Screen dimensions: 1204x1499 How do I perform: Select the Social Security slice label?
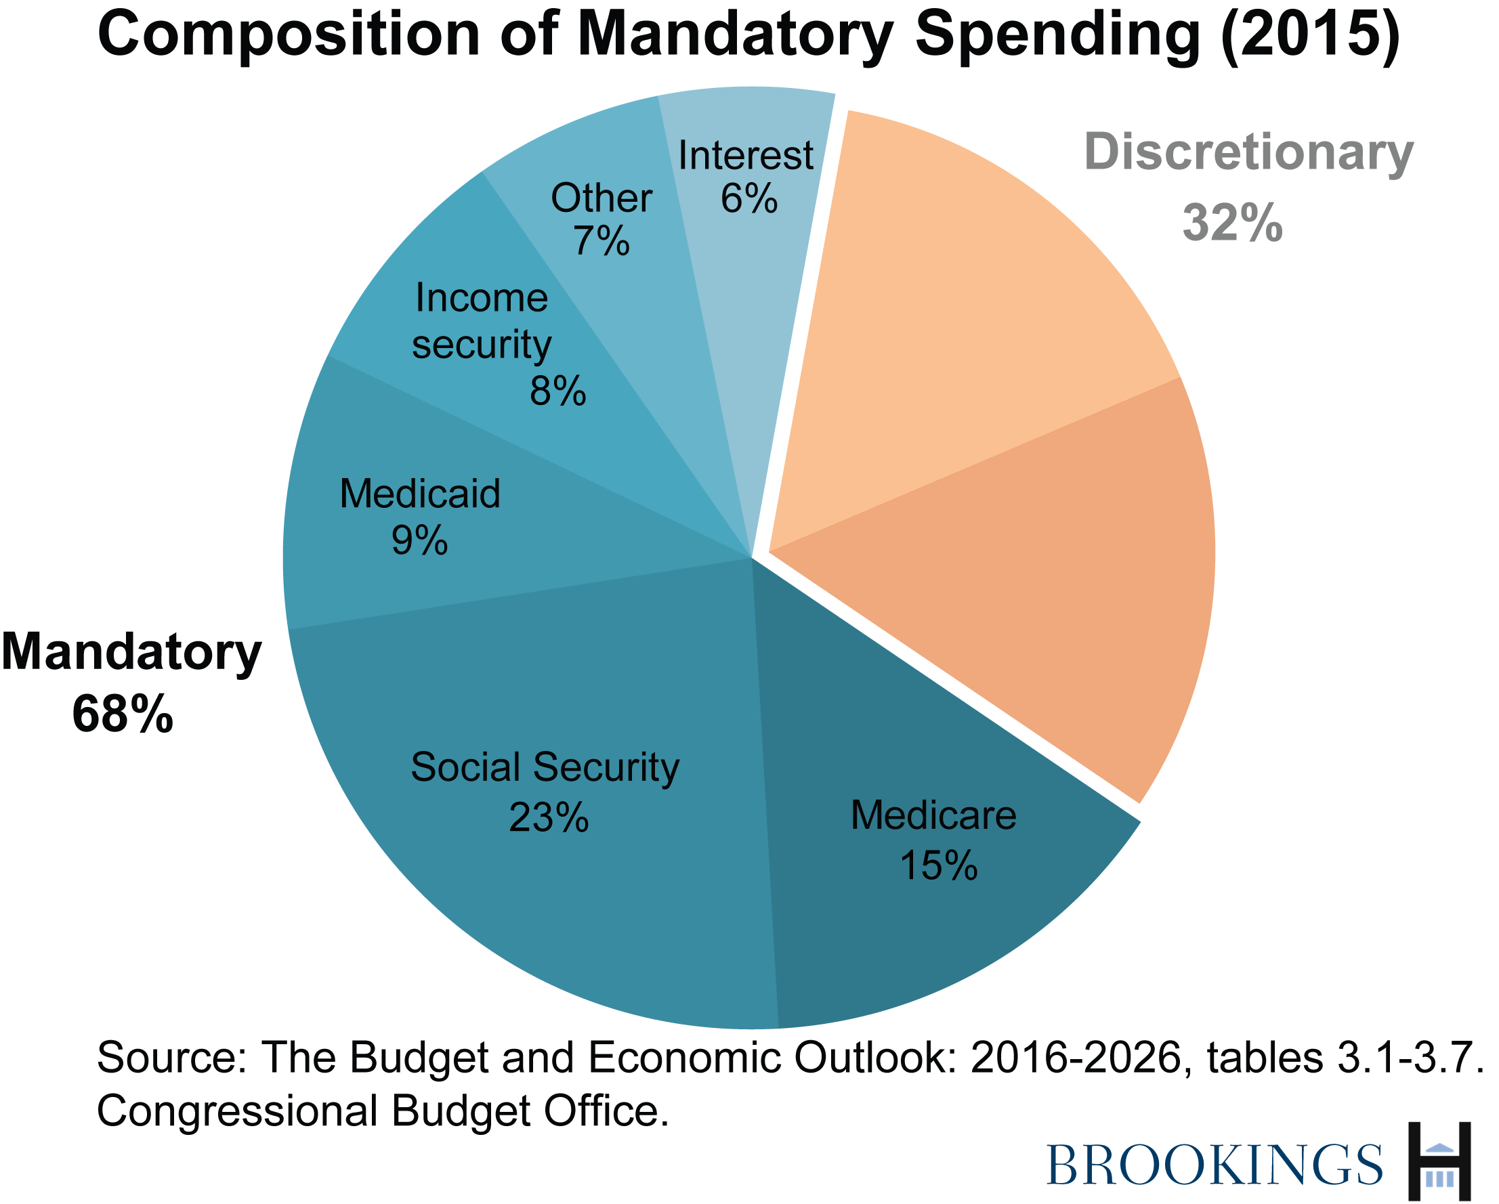click(x=545, y=767)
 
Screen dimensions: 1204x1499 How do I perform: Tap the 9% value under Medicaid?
click(x=419, y=540)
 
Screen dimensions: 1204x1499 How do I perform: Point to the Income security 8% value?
click(x=557, y=391)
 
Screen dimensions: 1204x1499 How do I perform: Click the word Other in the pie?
click(x=601, y=198)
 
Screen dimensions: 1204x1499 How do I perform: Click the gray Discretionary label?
click(x=1248, y=153)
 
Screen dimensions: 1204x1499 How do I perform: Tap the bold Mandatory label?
click(x=131, y=653)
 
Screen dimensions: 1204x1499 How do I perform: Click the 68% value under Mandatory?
click(x=123, y=714)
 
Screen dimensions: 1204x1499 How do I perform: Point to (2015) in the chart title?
click(x=1311, y=35)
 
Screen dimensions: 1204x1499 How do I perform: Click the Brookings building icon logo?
click(x=1439, y=1161)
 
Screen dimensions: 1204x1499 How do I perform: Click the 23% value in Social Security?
click(x=549, y=817)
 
